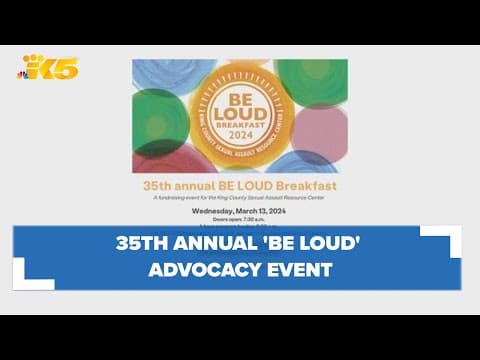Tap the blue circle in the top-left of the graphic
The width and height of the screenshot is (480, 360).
(x=160, y=76)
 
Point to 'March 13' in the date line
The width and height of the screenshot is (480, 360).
(x=254, y=211)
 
